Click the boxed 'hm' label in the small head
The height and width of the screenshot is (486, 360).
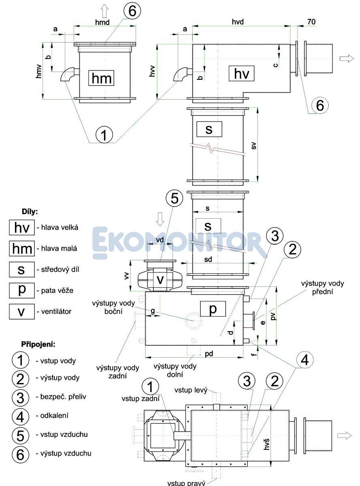tap(101, 78)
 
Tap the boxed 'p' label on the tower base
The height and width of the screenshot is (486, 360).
tap(212, 309)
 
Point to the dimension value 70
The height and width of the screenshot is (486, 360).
tap(311, 22)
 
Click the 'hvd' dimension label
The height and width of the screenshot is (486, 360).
tap(238, 22)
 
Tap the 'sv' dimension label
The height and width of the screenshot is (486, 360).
tap(254, 145)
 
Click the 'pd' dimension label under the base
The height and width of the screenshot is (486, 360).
tap(209, 354)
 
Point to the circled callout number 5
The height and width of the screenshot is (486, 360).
tap(175, 198)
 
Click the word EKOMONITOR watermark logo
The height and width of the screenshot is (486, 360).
tap(180, 243)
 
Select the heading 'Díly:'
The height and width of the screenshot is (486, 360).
tap(30, 212)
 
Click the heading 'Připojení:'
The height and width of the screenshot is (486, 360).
tap(38, 344)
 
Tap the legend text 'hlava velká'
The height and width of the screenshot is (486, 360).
tap(57, 228)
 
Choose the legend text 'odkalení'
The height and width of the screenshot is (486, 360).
tap(52, 416)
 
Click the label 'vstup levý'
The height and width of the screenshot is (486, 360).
tap(191, 390)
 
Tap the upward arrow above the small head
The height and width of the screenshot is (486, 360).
tap(104, 10)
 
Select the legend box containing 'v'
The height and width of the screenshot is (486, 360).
tap(21, 311)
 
